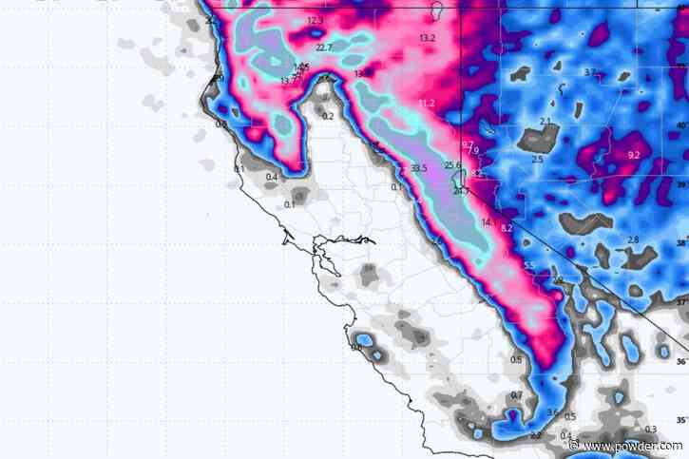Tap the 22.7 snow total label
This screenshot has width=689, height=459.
(x=324, y=48)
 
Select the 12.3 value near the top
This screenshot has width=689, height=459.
(x=316, y=20)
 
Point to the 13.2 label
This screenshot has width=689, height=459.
(x=426, y=38)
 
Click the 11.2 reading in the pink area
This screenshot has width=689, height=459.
(x=426, y=103)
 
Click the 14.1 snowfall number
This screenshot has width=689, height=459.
(x=488, y=222)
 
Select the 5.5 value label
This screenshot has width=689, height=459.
(x=529, y=265)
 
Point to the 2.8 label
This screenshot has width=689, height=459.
(x=633, y=239)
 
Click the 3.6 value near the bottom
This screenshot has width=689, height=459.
(x=554, y=411)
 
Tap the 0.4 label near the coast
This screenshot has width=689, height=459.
(x=271, y=177)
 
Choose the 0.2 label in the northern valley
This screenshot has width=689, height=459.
(x=328, y=116)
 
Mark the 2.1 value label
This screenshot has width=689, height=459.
(x=545, y=121)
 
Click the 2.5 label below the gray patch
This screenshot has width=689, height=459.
(x=537, y=160)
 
